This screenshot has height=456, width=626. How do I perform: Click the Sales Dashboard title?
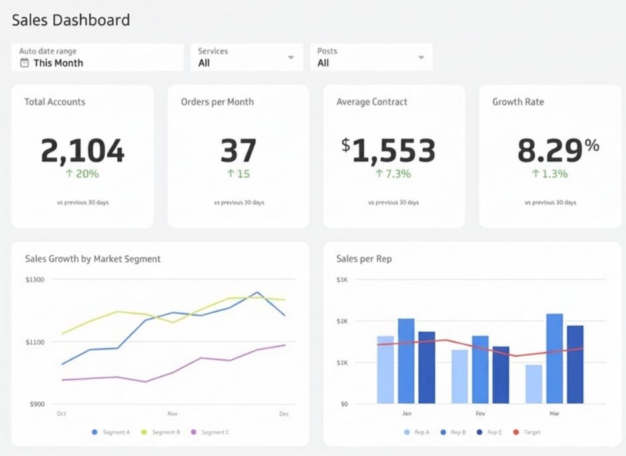click(x=71, y=20)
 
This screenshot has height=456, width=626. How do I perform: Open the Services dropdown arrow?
click(x=291, y=58)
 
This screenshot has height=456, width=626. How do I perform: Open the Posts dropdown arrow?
click(x=421, y=58)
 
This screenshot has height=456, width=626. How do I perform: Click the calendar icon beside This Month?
click(x=25, y=63)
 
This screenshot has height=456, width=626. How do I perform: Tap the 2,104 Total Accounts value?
click(x=82, y=151)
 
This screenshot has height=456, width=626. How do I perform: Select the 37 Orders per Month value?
click(x=238, y=151)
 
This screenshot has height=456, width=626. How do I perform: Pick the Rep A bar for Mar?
click(x=533, y=384)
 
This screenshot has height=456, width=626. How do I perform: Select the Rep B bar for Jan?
click(x=406, y=361)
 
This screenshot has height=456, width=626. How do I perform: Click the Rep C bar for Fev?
click(x=501, y=375)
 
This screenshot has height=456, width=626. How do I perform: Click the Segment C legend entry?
click(x=210, y=433)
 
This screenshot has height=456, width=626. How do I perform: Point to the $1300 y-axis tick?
click(x=35, y=280)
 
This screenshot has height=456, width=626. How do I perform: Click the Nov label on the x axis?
click(x=172, y=414)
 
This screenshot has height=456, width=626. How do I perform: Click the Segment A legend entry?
click(x=111, y=433)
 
